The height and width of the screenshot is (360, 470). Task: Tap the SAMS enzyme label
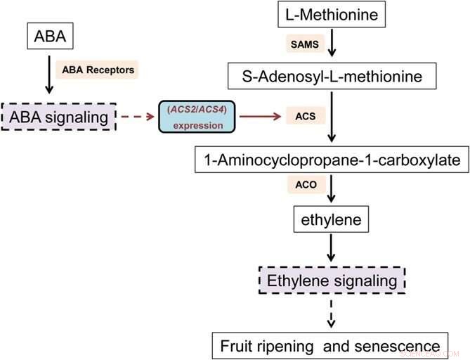303,44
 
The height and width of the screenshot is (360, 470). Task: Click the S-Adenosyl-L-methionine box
332,75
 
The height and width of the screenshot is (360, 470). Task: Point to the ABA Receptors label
98,70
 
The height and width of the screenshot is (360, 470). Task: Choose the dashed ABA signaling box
58,117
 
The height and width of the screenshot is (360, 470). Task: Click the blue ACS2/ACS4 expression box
196,117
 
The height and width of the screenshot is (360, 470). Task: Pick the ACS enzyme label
305,117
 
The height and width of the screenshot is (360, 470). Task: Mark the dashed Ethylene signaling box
331,281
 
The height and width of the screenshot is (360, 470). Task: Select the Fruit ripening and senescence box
330,345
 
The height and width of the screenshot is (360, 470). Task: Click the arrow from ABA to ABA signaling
48,75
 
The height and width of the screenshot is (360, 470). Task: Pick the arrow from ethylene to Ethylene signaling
331,249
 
